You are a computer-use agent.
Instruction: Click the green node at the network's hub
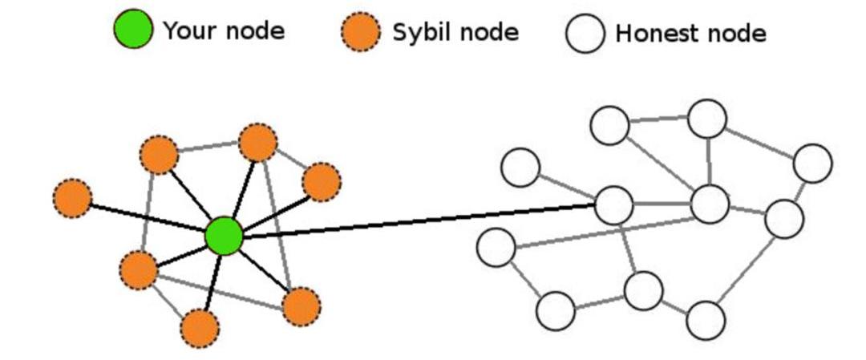pos(224,237)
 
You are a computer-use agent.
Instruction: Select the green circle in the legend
pos(132,30)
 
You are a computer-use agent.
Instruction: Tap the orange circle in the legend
pos(360,33)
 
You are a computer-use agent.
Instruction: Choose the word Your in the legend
pos(187,30)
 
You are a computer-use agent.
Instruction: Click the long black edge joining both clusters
pos(417,220)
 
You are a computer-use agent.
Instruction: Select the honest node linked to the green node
pos(614,204)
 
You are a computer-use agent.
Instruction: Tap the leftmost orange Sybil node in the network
pos(73,197)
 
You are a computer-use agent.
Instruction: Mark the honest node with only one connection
pos(520,168)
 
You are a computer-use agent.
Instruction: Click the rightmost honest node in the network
pos(812,164)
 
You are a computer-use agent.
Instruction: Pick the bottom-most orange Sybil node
pos(200,328)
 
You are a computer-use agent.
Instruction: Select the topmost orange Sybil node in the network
pos(257,144)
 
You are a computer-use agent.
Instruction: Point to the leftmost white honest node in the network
pos(496,247)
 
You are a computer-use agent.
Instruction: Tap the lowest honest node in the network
pos(706,321)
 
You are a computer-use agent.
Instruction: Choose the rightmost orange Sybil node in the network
pos(322,182)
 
